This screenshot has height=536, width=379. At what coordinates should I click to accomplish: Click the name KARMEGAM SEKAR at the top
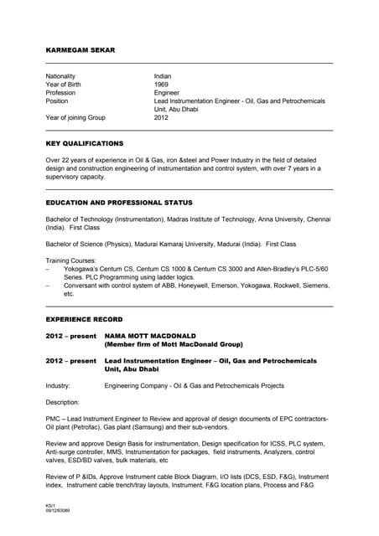click(x=80, y=51)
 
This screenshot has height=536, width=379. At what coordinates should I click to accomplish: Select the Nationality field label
click(x=63, y=76)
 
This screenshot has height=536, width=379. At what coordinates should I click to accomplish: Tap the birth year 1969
click(x=162, y=85)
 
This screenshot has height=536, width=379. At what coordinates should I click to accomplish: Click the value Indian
click(x=164, y=76)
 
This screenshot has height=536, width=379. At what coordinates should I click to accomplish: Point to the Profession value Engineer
click(x=168, y=93)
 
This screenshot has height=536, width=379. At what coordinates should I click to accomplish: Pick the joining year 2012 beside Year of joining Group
click(x=162, y=118)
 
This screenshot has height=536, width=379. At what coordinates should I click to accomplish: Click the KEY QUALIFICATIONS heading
click(x=85, y=143)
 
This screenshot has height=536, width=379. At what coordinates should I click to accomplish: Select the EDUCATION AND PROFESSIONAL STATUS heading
click(x=119, y=203)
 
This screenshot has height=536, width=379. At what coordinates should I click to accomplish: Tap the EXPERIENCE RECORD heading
click(x=84, y=319)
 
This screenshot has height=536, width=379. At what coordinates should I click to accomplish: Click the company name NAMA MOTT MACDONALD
click(x=150, y=335)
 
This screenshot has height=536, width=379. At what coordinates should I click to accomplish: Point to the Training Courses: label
click(x=72, y=261)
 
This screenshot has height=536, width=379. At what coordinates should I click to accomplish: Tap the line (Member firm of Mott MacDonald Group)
click(x=173, y=343)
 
